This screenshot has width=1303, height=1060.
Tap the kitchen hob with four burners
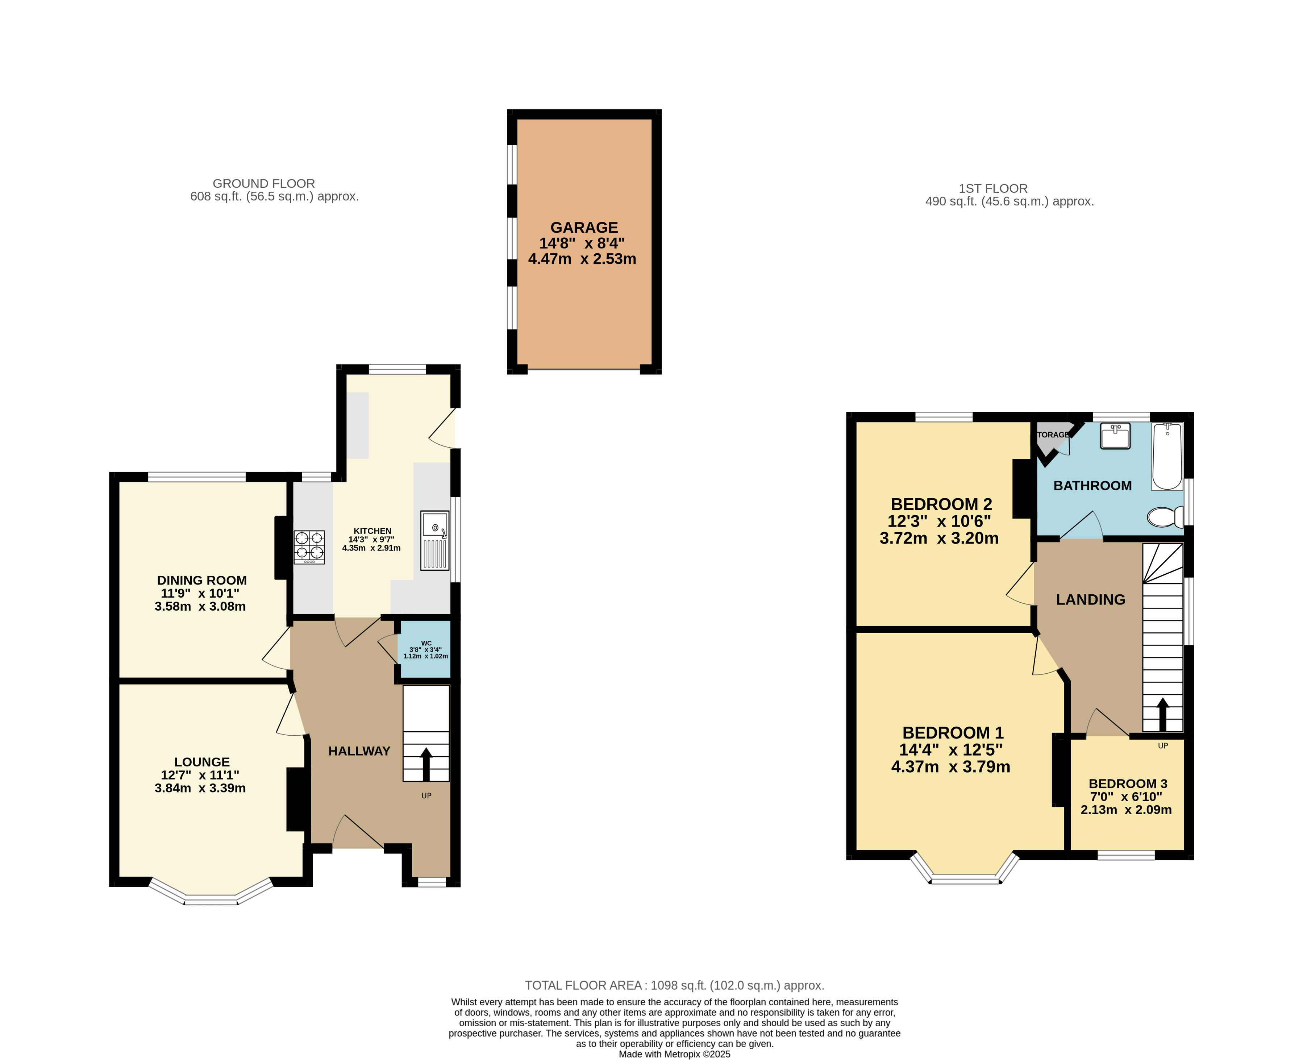[309, 546]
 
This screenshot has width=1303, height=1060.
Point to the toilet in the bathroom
[1165, 517]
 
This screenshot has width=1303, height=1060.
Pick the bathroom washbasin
[1115, 436]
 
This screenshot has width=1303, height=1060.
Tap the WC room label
[426, 643]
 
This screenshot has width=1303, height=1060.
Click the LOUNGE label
[202, 762]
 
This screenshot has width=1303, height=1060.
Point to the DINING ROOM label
[202, 581]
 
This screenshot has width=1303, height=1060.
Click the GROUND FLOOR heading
[264, 184]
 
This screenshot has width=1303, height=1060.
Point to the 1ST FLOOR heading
[993, 189]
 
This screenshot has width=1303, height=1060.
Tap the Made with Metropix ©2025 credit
[675, 1054]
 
